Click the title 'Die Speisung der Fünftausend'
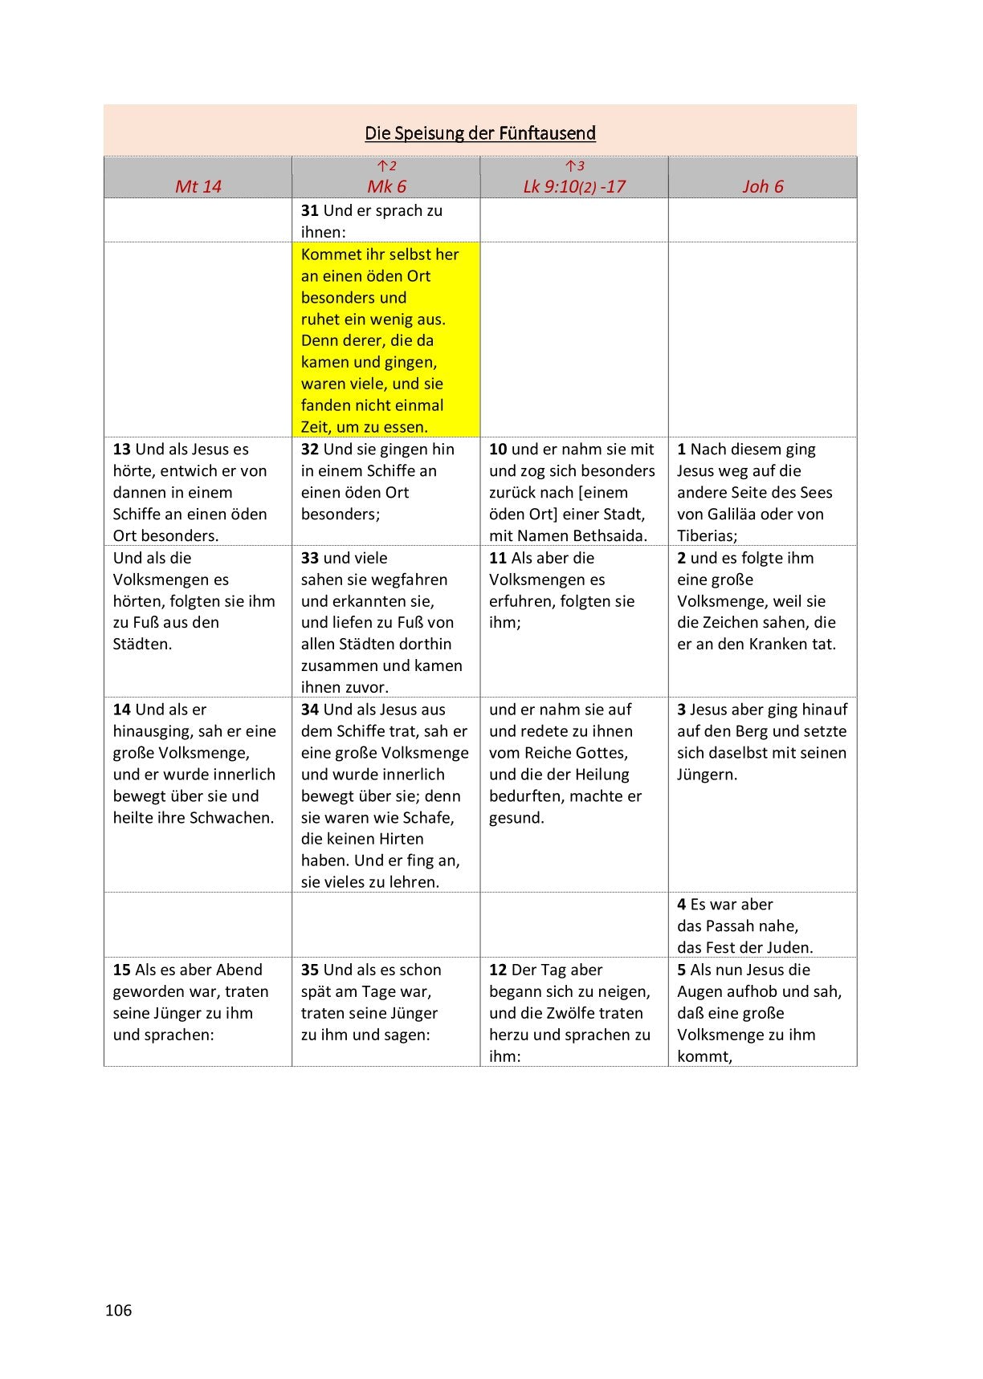(480, 132)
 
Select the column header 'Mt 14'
(198, 186)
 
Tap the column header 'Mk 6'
(386, 186)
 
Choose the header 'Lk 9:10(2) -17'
(573, 186)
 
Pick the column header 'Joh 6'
(762, 186)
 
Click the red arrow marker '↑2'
(386, 166)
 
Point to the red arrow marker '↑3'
(574, 166)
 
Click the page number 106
(118, 1310)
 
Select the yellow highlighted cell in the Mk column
(386, 340)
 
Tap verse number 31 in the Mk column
(309, 210)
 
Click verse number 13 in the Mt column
(121, 449)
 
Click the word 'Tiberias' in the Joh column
(705, 535)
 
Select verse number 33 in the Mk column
(309, 558)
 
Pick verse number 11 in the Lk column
(497, 558)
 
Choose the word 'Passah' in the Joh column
(735, 925)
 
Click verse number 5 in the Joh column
(681, 970)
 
